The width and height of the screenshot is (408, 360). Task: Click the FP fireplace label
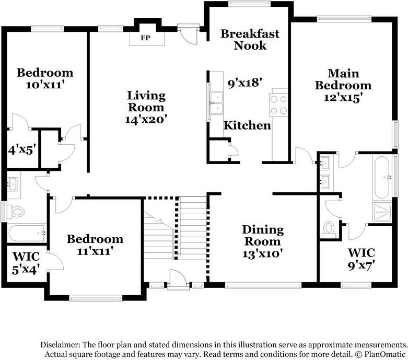[x=145, y=38]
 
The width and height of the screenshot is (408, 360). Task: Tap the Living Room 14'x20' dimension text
[x=146, y=120]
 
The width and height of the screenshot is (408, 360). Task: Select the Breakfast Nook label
[x=250, y=40]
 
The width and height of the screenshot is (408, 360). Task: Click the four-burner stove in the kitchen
[x=278, y=105]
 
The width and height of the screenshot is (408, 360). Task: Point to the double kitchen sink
[x=216, y=103]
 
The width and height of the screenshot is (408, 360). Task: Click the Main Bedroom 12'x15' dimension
[x=343, y=98]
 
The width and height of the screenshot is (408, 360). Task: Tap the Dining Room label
[x=263, y=235]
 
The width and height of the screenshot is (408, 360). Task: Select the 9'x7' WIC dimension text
[x=362, y=266]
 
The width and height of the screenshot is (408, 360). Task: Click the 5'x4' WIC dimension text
[x=26, y=269]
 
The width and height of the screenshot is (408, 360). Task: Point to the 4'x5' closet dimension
[x=21, y=150]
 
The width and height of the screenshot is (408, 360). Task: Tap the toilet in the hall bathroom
[x=16, y=212]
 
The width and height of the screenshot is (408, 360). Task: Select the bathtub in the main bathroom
[x=382, y=178]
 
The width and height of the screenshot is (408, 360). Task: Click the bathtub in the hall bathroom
[x=27, y=233]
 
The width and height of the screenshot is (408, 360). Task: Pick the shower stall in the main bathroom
[x=382, y=213]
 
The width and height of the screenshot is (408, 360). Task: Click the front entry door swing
[x=178, y=280]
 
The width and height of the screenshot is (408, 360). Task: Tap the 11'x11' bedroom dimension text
[x=95, y=251]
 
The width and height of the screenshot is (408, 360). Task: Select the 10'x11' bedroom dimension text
[x=45, y=85]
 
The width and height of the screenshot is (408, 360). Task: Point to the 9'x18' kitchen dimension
[x=244, y=83]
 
